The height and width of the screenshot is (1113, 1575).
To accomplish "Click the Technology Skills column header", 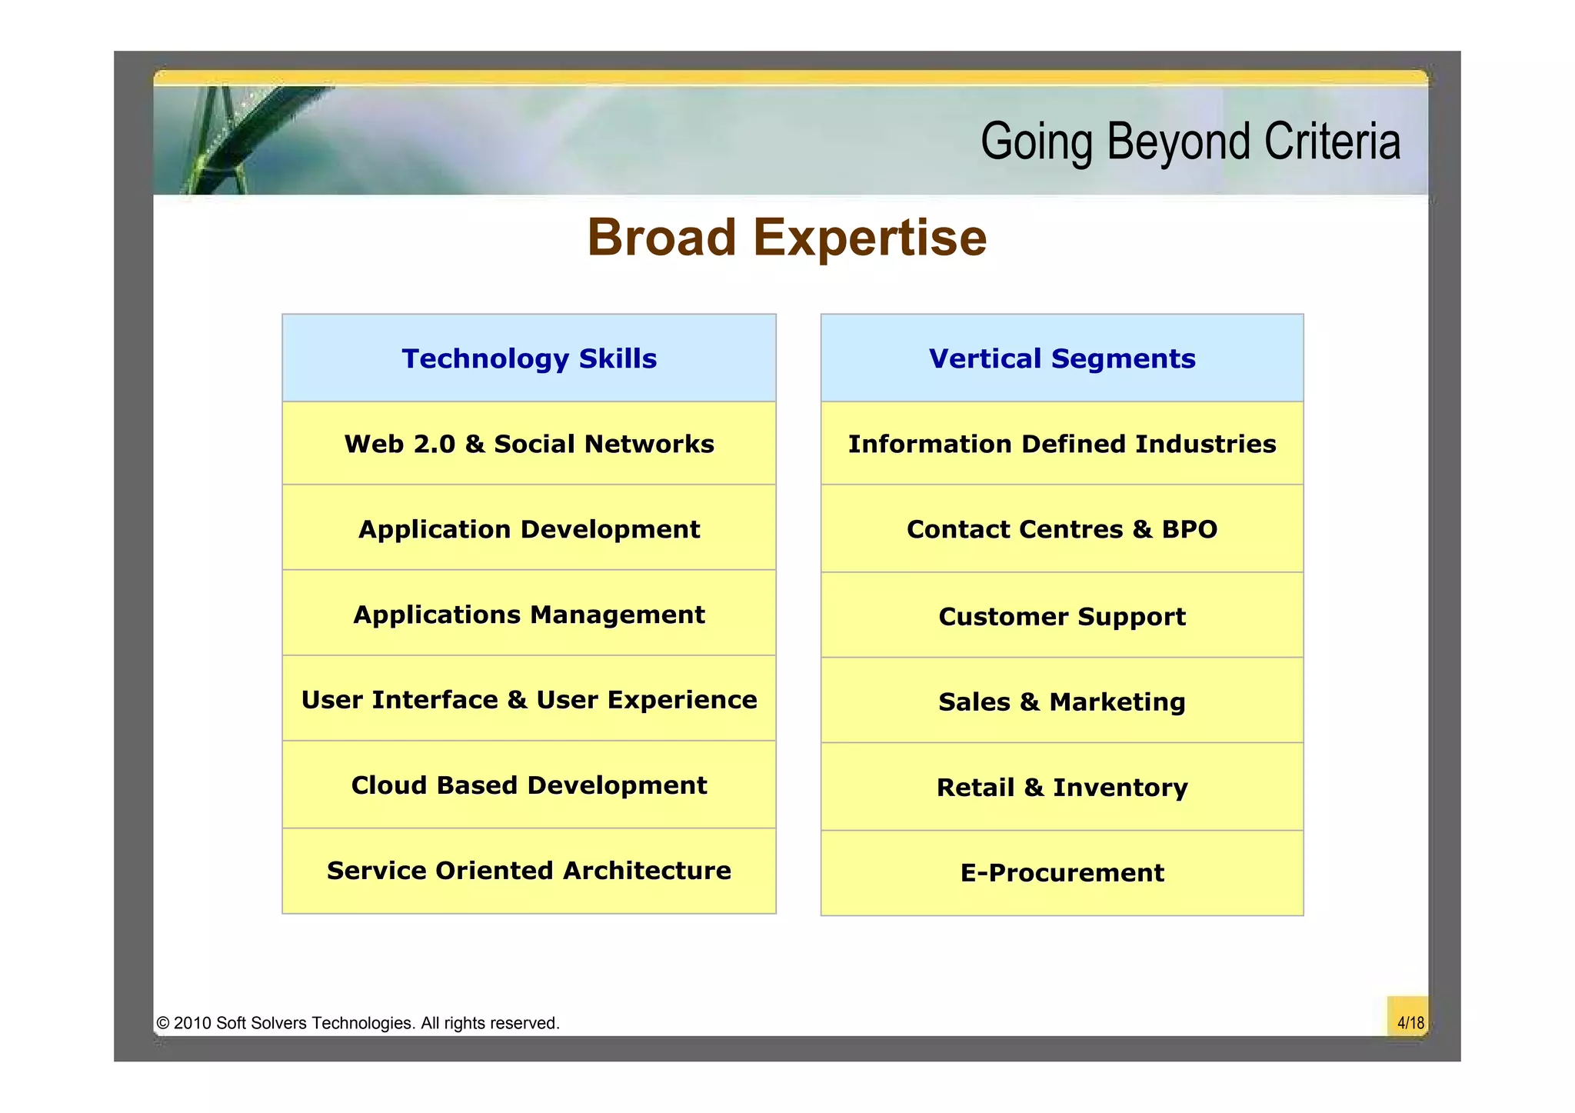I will click(529, 358).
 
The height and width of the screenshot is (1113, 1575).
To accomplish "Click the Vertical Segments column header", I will click(1062, 358).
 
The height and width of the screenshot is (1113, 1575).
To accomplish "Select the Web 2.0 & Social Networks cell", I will click(529, 444).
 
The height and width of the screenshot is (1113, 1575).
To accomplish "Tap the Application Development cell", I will click(529, 529).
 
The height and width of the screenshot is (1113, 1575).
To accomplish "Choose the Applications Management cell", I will click(529, 615).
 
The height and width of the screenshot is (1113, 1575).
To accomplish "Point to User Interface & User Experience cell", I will click(529, 700).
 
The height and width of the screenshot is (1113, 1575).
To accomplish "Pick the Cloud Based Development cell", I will click(529, 785).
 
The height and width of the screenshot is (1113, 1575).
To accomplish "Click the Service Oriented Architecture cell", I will click(529, 871).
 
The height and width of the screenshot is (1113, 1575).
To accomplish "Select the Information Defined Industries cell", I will click(1062, 444).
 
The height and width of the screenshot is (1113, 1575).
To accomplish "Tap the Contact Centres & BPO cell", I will click(1062, 529).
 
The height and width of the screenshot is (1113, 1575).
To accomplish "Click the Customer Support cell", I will click(1062, 616).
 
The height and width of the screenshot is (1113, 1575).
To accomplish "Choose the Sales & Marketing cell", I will click(1062, 701).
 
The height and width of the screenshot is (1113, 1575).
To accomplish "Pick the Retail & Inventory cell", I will click(1062, 788).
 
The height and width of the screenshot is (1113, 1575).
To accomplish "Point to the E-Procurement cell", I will click(1062, 873).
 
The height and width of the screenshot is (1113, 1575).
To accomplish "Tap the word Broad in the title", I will click(662, 237).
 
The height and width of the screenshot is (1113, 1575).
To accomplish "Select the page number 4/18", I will click(1410, 1023).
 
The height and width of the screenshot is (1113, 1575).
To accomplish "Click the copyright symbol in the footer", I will click(163, 1023).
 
